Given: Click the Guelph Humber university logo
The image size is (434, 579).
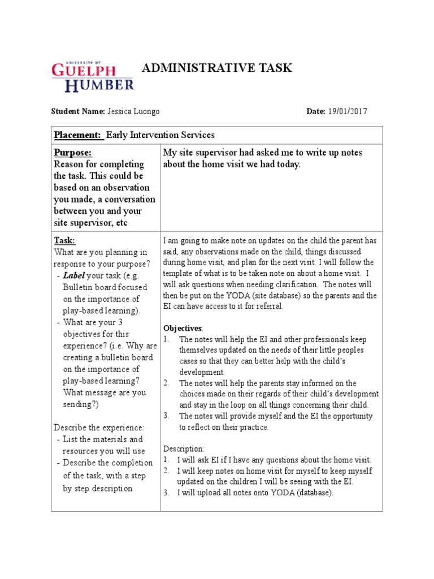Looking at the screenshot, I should click(x=93, y=77).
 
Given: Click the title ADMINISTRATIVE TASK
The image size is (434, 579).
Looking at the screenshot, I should click(x=216, y=68).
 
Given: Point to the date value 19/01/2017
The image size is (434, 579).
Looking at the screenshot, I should click(x=347, y=111).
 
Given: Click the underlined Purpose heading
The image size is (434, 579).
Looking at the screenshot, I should click(x=72, y=153).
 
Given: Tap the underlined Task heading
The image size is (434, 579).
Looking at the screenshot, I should click(x=64, y=240).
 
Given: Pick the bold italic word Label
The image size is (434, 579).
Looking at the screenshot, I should click(x=72, y=275).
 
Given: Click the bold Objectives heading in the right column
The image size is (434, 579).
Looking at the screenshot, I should click(x=183, y=328).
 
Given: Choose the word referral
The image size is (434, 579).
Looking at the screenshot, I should click(x=269, y=306).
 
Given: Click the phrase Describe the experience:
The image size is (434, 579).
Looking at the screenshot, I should click(x=99, y=427).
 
